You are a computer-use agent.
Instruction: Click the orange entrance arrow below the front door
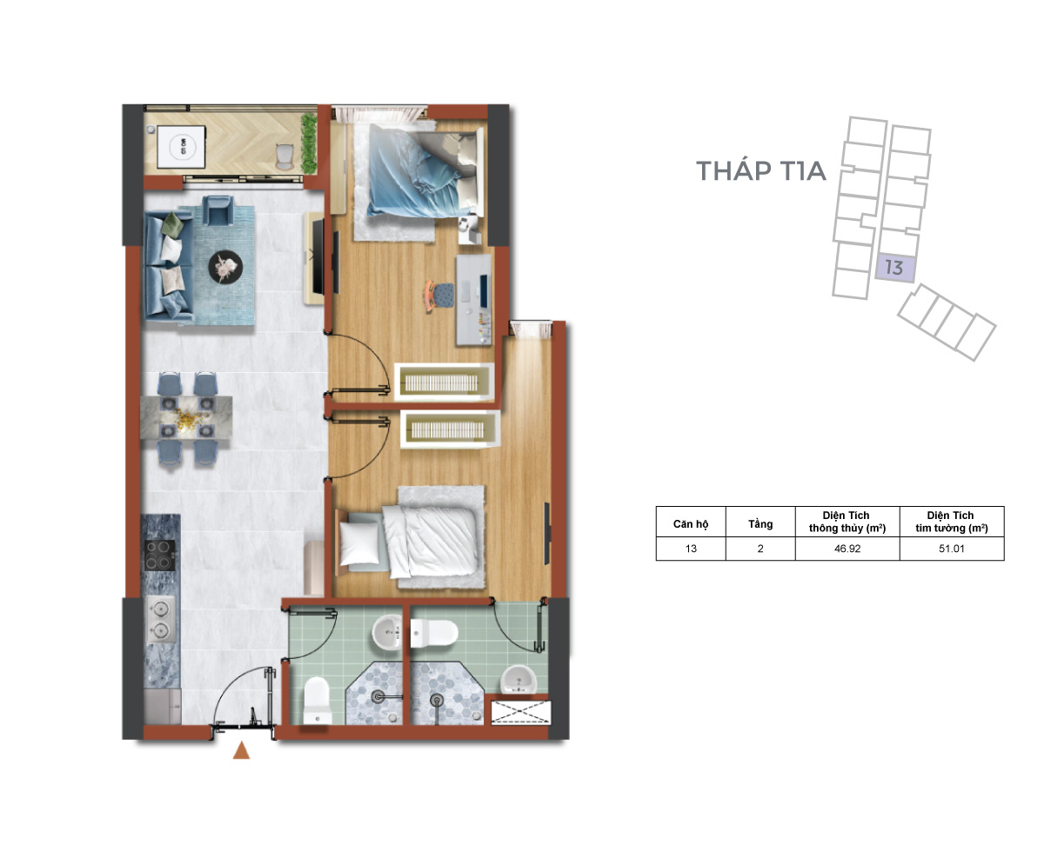(241, 750)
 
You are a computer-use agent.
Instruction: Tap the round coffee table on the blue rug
(225, 267)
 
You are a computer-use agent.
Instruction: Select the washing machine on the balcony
(181, 147)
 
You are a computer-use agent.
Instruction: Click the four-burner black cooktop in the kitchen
(159, 556)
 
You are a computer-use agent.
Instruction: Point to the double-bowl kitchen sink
(160, 618)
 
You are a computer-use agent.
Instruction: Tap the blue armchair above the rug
(217, 210)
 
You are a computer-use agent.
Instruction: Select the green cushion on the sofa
(173, 223)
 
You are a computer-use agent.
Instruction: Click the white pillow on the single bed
(360, 542)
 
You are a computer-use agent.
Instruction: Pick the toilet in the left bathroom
(317, 700)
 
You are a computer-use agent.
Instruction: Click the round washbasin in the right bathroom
(518, 679)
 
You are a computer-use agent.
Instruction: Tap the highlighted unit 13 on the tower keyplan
(894, 268)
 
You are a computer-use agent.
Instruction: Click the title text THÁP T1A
(761, 170)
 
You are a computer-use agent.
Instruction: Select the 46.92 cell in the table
(847, 549)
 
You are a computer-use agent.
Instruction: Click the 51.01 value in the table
(951, 549)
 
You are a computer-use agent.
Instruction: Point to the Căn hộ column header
(691, 523)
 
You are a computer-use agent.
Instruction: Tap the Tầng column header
(760, 523)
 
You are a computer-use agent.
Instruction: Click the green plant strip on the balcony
(308, 143)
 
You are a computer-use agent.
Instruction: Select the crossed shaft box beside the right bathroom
(520, 713)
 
